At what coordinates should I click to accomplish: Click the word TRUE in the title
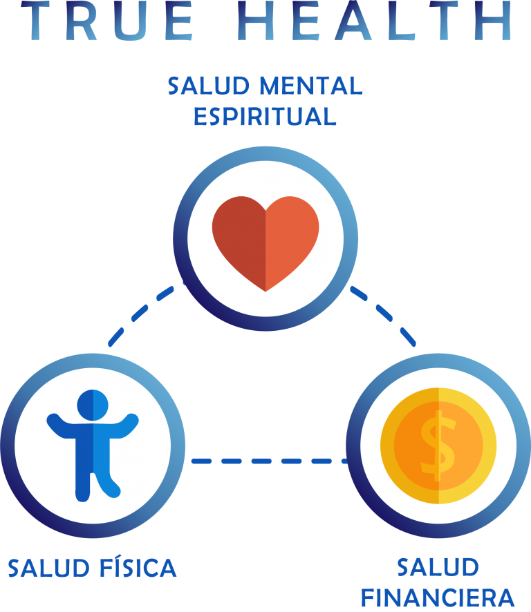(107, 21)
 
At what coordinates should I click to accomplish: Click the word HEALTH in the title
(375, 21)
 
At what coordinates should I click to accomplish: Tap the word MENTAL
(311, 86)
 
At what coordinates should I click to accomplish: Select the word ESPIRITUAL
(265, 116)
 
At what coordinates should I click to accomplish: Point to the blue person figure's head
(93, 405)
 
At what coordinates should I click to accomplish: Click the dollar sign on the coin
(438, 446)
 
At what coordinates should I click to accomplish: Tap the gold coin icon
(438, 446)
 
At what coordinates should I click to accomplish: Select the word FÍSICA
(138, 568)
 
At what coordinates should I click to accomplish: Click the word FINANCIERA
(438, 598)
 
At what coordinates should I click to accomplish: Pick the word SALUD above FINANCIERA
(438, 568)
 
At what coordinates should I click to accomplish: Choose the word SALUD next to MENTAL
(209, 86)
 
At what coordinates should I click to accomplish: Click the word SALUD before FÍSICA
(49, 568)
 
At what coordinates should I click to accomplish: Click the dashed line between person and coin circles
(270, 461)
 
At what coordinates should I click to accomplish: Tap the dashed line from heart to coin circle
(383, 316)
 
